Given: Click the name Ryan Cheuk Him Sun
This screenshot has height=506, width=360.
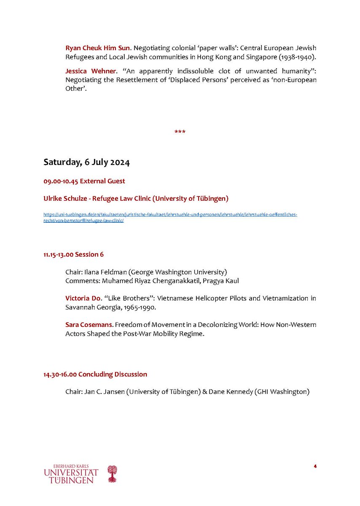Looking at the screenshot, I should pyautogui.click(x=97, y=48).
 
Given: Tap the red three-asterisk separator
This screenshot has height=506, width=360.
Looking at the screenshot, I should pyautogui.click(x=180, y=132).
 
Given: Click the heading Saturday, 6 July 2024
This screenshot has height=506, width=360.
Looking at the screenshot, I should pyautogui.click(x=86, y=162).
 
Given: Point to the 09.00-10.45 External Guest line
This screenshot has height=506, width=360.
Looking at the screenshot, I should pyautogui.click(x=84, y=181).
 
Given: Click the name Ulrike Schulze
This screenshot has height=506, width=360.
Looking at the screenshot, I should pyautogui.click(x=64, y=198).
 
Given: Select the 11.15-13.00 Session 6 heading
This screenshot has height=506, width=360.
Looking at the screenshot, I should pyautogui.click(x=73, y=255).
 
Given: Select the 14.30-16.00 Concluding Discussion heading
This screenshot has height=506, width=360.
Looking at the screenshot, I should pyautogui.click(x=95, y=374).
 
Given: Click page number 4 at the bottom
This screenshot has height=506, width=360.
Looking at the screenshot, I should pyautogui.click(x=315, y=466).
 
